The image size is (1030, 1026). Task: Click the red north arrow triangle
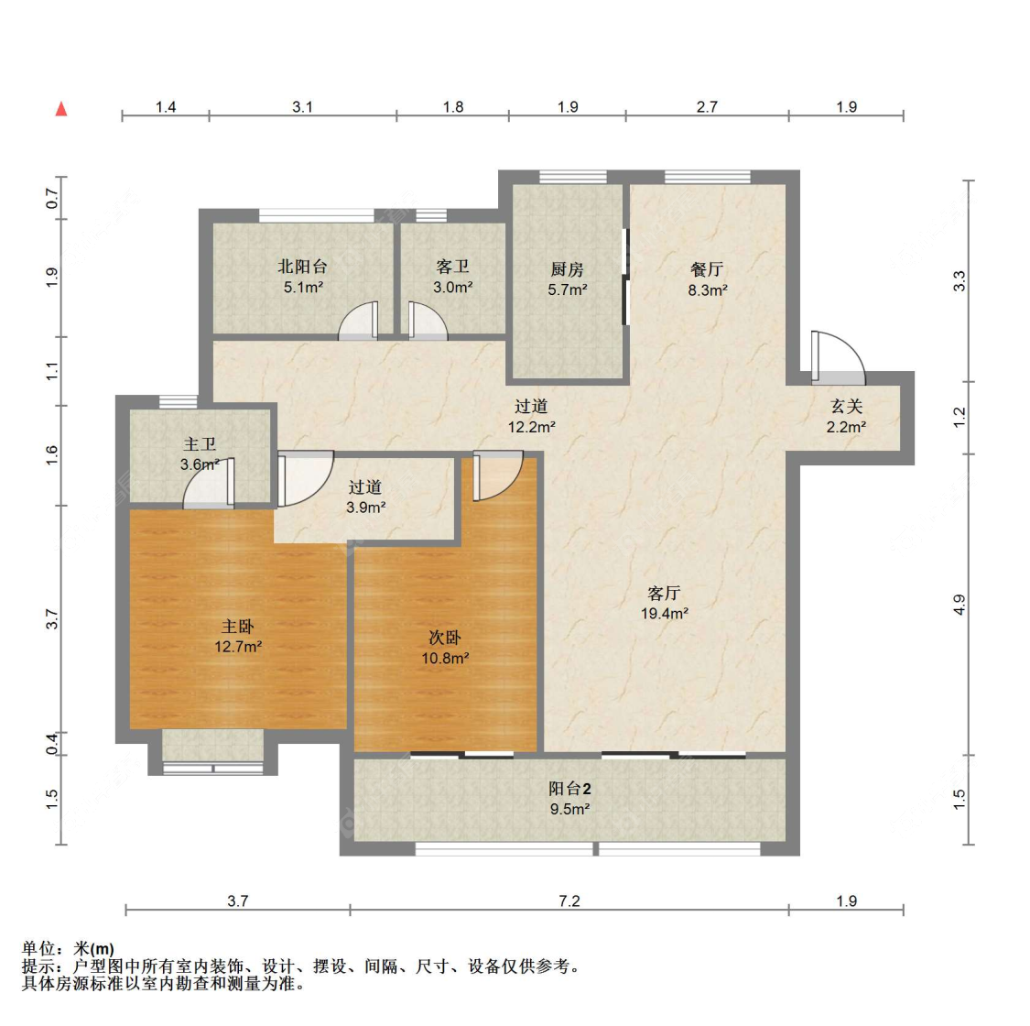point(61,109)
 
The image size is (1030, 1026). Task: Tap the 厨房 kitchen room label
point(567,269)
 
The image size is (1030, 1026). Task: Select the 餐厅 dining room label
point(707,269)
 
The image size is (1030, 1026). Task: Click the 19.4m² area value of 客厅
point(665,614)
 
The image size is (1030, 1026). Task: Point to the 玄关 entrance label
point(846,407)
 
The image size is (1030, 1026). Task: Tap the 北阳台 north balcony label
point(302,267)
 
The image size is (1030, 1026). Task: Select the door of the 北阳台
point(358,321)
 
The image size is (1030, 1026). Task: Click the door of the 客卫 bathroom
point(428,321)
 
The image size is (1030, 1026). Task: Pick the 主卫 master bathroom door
point(208,483)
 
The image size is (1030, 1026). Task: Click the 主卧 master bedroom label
point(237,627)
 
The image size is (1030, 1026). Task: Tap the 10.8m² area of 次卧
point(445,658)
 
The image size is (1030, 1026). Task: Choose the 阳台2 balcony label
point(569,789)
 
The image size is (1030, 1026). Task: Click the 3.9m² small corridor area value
point(366,508)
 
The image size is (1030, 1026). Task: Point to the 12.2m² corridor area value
point(531,427)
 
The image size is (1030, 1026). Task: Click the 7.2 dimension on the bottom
point(569,900)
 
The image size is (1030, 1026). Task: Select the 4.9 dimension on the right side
point(960,605)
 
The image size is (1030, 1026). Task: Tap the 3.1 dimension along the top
point(302,106)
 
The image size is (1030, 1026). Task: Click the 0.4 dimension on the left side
point(52,744)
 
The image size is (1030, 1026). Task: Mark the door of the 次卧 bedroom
point(498,475)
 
